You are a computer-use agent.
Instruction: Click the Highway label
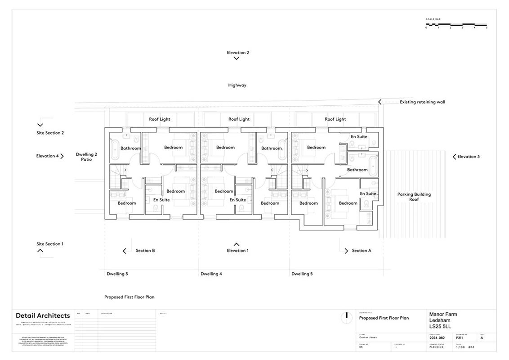[x=237, y=85]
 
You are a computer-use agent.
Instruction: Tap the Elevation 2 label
[x=238, y=53]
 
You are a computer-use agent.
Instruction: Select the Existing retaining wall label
[x=422, y=102]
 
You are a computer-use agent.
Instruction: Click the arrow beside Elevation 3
[x=454, y=157]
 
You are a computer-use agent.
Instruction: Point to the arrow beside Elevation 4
[x=62, y=156]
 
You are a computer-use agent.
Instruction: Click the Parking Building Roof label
[x=414, y=197]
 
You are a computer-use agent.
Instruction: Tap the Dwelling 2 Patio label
[x=86, y=157]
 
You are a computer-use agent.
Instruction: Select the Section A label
[x=362, y=251]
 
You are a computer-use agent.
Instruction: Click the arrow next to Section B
[x=125, y=251]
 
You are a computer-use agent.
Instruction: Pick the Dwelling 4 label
[x=211, y=274]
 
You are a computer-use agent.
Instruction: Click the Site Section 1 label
[x=49, y=244]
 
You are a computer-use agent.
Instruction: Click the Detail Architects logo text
[x=43, y=315]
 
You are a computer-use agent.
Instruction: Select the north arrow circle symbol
[x=346, y=317]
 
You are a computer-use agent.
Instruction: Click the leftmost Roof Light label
[x=160, y=119]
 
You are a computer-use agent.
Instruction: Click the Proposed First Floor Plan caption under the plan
[x=129, y=297]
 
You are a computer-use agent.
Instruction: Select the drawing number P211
[x=460, y=337]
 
